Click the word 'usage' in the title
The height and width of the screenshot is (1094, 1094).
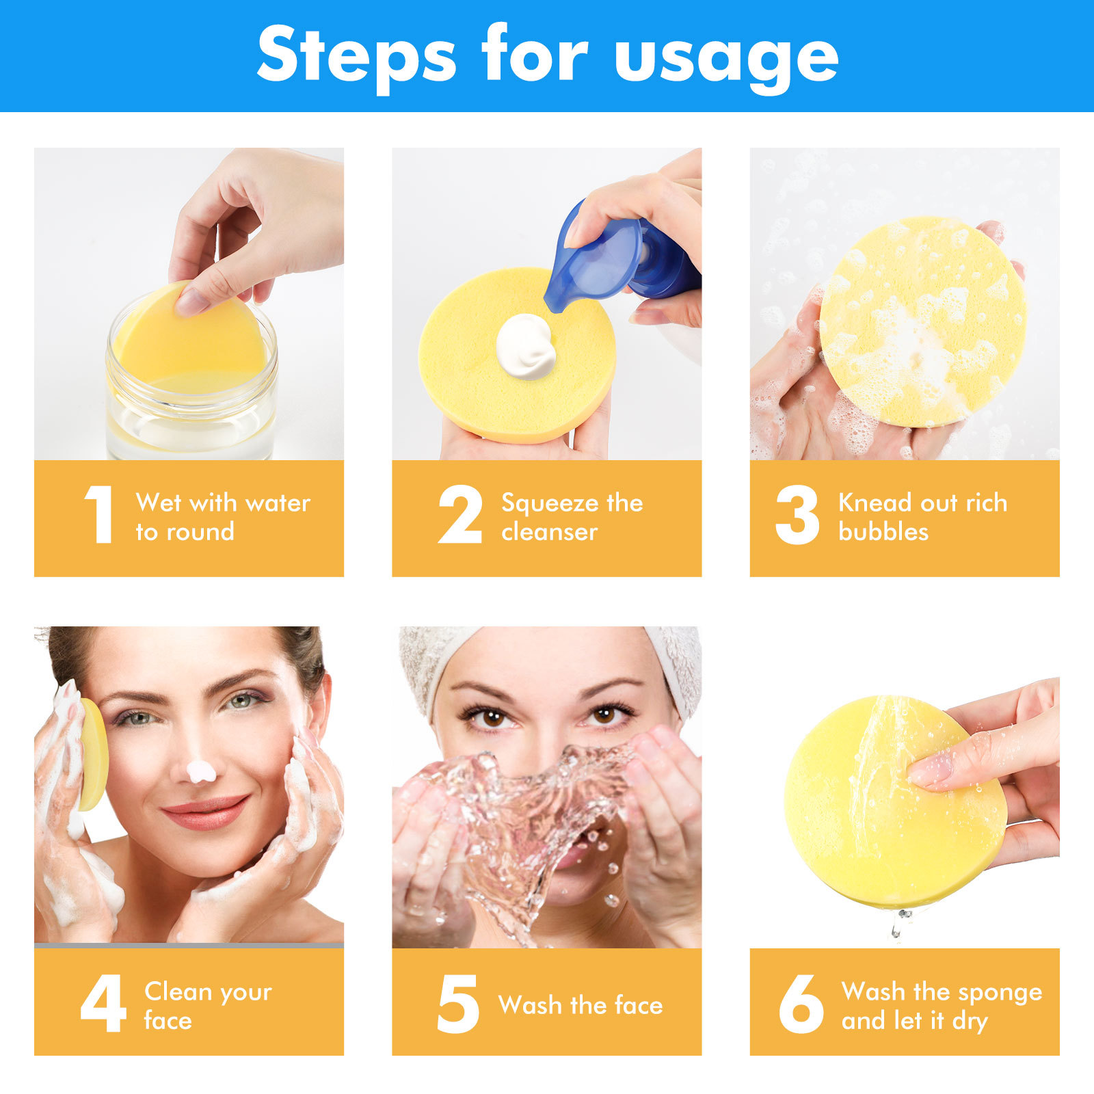coord(726,57)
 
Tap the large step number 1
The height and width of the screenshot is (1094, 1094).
coord(100,514)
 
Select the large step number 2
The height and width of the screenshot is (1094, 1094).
coord(459,514)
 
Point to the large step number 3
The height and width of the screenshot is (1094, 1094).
coord(797,514)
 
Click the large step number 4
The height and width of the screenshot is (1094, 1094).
coord(103,1003)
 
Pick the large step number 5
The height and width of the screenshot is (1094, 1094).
coord(457,1003)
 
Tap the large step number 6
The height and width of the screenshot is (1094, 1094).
coord(801,1003)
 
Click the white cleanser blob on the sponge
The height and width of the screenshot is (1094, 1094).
coord(525,347)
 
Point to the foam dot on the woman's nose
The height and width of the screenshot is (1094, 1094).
coord(201,772)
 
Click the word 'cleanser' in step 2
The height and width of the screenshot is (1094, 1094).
coord(549,532)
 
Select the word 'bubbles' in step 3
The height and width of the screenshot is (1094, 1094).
coord(883,532)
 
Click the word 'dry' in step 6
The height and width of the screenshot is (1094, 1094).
coord(970,1021)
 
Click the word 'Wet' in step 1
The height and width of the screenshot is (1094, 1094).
coord(159,503)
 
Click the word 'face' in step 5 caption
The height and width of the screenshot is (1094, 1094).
coord(639,1005)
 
